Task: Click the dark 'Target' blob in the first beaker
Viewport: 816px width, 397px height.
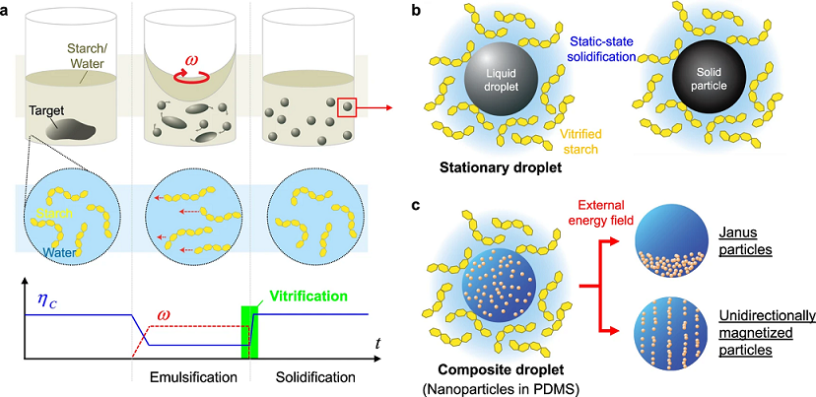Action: point(71,128)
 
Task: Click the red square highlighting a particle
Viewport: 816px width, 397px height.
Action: point(347,107)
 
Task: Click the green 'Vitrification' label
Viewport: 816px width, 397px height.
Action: point(308,297)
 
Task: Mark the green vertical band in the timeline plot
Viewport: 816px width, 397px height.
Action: point(249,332)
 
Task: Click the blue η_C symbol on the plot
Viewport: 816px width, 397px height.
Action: point(47,298)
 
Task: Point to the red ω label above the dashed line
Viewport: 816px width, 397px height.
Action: point(164,315)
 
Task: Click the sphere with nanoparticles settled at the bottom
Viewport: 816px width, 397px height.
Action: point(671,241)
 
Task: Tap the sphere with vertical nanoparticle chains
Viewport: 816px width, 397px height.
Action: point(671,331)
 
